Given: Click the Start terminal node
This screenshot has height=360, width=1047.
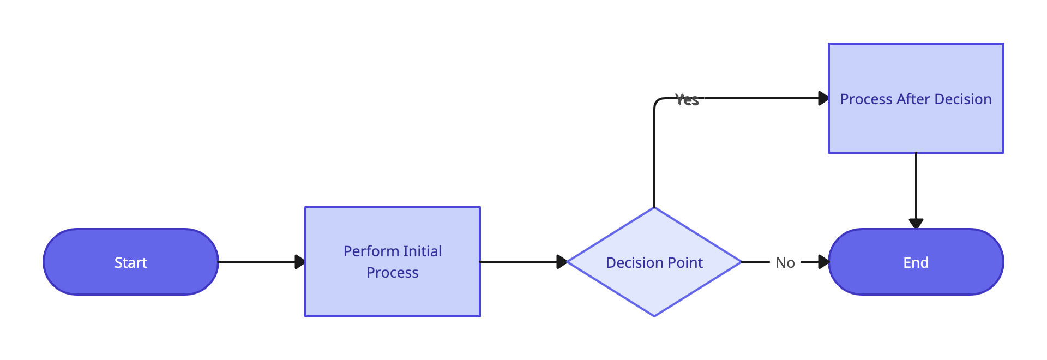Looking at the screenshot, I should [131, 262].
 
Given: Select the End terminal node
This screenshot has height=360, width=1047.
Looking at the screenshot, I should [916, 262].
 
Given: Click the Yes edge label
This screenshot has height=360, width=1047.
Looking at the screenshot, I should [687, 99].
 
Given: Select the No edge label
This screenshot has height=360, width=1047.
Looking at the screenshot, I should [785, 262].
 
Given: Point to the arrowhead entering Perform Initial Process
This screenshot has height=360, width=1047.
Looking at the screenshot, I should [299, 262].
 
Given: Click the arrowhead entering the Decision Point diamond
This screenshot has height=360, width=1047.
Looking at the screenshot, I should [562, 262].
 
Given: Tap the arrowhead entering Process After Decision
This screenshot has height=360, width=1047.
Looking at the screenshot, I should [823, 98].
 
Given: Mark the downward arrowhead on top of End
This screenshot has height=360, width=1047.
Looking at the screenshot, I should [916, 223].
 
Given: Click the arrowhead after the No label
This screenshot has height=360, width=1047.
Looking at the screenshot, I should [823, 262].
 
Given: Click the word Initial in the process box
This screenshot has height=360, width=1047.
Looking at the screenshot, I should [422, 251].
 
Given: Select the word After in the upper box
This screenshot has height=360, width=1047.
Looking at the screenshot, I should [913, 99].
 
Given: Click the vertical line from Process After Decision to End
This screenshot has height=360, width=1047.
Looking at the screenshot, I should [916, 185].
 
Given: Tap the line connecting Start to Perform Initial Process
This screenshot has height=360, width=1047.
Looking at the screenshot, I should [256, 262].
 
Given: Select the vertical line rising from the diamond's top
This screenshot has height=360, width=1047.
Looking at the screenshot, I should [654, 158].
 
